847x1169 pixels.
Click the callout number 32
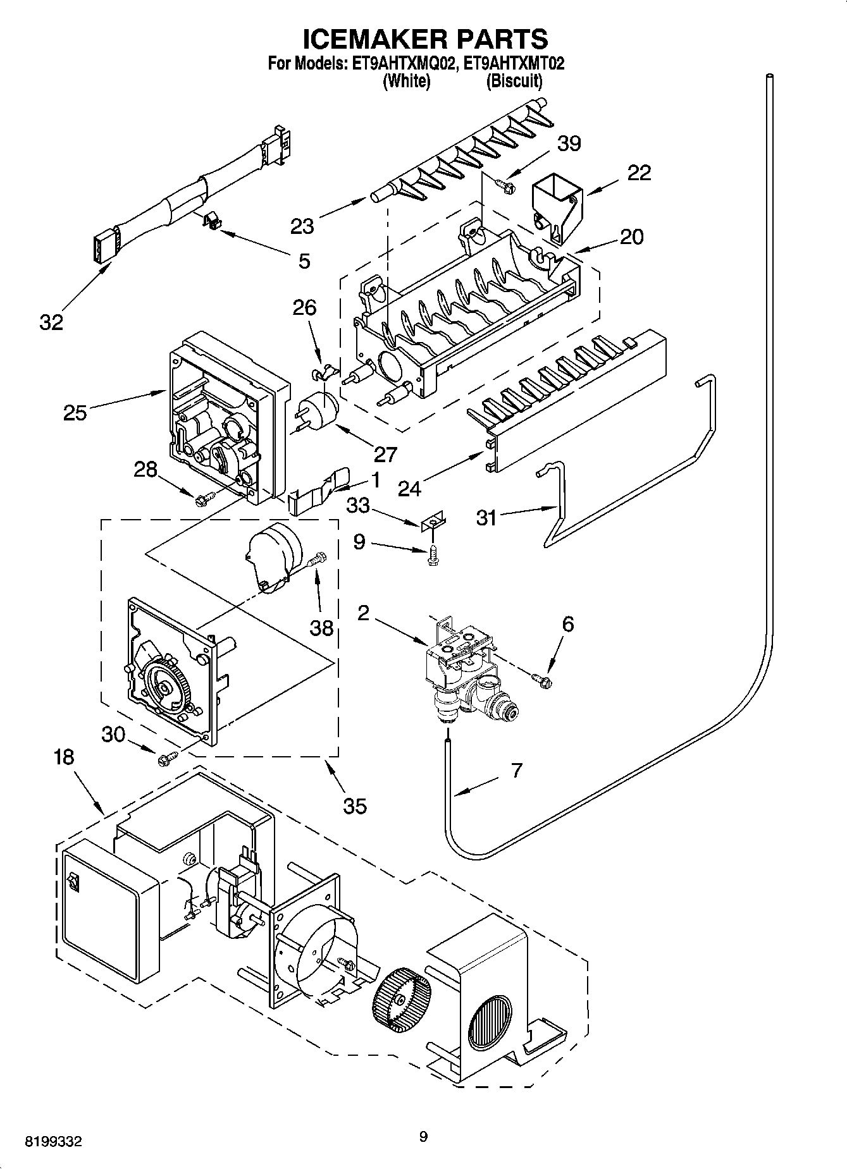(51, 322)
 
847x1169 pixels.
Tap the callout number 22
(638, 173)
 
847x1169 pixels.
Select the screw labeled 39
(504, 185)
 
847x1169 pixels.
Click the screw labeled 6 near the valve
(542, 680)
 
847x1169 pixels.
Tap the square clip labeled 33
(433, 520)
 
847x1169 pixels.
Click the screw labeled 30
(168, 757)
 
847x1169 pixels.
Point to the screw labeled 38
(317, 559)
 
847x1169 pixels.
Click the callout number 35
(355, 805)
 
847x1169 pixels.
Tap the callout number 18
(63, 757)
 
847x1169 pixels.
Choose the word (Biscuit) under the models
(514, 81)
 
